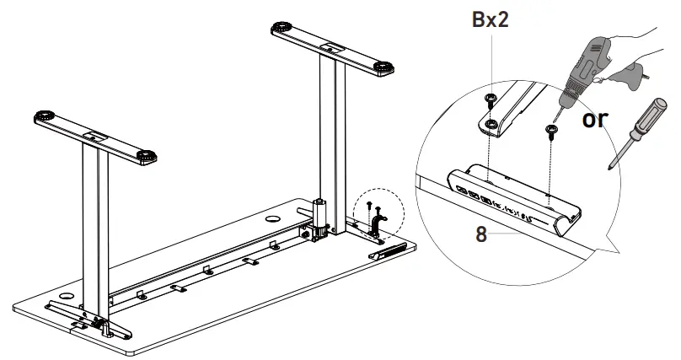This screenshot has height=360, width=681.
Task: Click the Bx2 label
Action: click(x=490, y=20)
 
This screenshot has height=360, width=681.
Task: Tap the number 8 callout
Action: click(x=481, y=234)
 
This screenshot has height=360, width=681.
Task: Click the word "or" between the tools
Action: click(x=595, y=119)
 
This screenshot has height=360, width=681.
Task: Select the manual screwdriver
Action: click(x=637, y=132)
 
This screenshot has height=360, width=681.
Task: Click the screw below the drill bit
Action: click(x=551, y=132)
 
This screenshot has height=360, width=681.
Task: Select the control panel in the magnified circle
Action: click(x=514, y=199)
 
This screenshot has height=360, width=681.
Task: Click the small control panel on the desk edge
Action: click(x=388, y=251)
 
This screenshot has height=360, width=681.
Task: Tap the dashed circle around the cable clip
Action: click(x=378, y=213)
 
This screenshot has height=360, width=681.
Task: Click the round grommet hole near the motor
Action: click(x=273, y=218)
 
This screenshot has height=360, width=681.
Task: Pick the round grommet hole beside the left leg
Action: click(x=66, y=297)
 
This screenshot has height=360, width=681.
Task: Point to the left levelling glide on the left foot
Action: click(x=45, y=116)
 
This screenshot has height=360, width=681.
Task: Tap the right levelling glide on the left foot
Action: click(x=147, y=155)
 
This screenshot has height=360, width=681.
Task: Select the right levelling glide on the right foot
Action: click(x=383, y=67)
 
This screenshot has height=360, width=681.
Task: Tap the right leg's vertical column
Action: click(x=333, y=143)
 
